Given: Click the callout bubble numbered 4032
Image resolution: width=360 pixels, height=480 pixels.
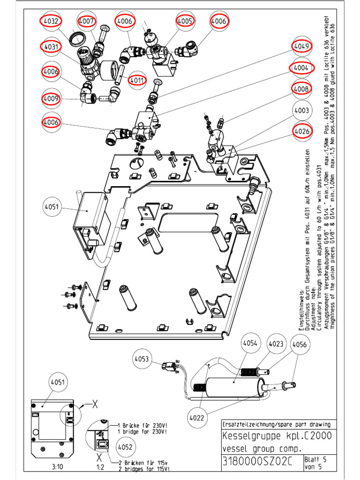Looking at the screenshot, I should click(x=51, y=21).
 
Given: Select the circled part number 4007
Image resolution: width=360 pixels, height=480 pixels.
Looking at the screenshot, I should click(x=87, y=21).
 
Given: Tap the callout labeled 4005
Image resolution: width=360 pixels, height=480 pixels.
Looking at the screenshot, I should click(x=185, y=21).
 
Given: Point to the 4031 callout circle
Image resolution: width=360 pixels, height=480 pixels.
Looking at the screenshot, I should click(x=51, y=47).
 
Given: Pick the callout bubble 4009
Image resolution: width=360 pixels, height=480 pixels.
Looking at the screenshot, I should click(x=51, y=99).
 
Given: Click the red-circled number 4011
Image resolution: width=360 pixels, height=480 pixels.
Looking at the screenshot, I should click(x=136, y=79).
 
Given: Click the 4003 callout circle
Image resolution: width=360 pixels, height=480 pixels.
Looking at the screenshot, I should click(x=302, y=111).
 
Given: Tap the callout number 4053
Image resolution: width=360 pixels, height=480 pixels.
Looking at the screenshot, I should click(x=142, y=359).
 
